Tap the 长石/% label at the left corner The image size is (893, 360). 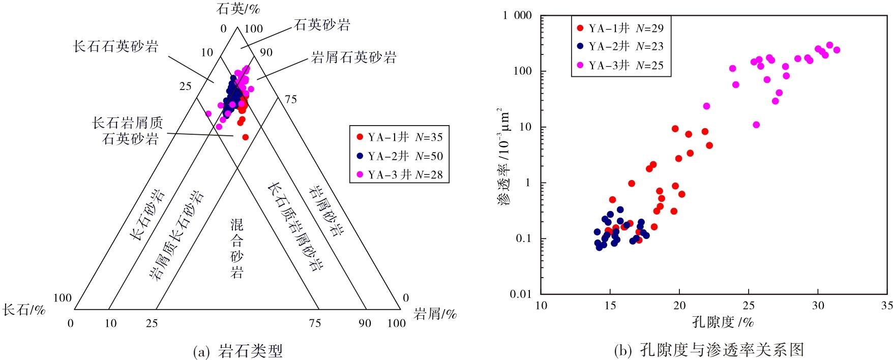tap(24, 310)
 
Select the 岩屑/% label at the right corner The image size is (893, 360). tap(435, 314)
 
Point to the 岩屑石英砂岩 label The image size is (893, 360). tap(354, 57)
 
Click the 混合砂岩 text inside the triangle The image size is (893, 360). tap(236, 249)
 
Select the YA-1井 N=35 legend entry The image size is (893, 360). tap(400, 137)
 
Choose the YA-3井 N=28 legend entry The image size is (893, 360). tap(400, 175)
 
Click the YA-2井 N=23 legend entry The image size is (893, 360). tap(620, 46)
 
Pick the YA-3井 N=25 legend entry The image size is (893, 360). tap(620, 65)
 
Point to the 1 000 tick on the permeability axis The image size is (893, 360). tap(517, 16)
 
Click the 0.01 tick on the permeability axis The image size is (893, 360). tap(521, 294)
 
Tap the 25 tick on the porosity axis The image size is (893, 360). tap(749, 305)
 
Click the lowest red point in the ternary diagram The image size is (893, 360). tap(246, 137)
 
